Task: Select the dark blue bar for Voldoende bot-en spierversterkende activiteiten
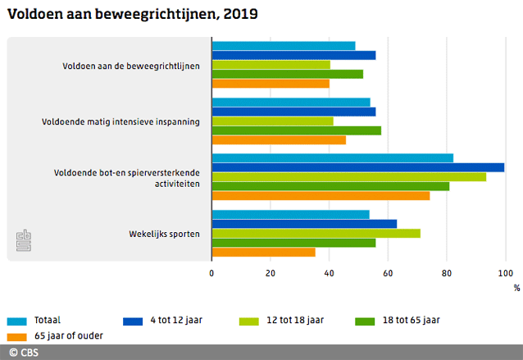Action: pyautogui.click(x=357, y=167)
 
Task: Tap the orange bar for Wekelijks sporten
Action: pyautogui.click(x=263, y=252)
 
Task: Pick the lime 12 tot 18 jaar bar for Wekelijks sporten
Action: pyautogui.click(x=316, y=233)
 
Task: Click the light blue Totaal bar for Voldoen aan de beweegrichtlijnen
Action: pyautogui.click(x=283, y=46)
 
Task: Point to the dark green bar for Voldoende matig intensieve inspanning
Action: pyautogui.click(x=296, y=130)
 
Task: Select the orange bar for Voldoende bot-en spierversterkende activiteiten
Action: pyautogui.click(x=321, y=195)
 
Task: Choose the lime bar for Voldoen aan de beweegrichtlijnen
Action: pyautogui.click(x=271, y=64)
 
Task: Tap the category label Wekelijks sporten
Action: pyautogui.click(x=164, y=234)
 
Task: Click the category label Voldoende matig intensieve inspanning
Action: pyautogui.click(x=121, y=121)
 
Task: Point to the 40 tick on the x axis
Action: pyautogui.click(x=329, y=274)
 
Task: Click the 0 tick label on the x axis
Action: pyautogui.click(x=211, y=274)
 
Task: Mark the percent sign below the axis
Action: pyautogui.click(x=516, y=288)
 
